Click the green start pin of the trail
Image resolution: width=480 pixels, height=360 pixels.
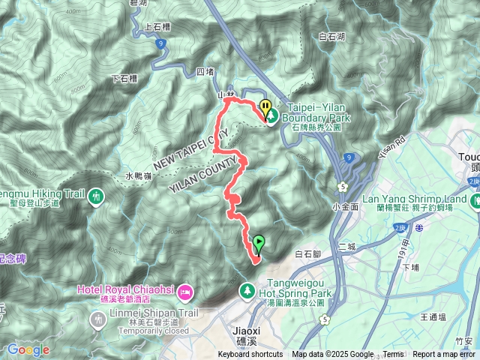[x=259, y=243]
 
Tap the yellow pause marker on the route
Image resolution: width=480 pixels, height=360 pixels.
[x=265, y=106]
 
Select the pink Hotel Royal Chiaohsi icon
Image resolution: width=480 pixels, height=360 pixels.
[x=187, y=291]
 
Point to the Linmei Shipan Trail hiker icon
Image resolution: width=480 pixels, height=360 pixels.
[x=97, y=319]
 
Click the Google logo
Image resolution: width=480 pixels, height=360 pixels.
[x=28, y=349]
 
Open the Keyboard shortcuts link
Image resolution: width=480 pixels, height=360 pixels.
[x=250, y=355]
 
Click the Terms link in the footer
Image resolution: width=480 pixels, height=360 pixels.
[x=393, y=355]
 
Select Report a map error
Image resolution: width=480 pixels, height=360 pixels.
[x=445, y=355]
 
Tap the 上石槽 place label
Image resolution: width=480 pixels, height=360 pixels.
[x=158, y=27]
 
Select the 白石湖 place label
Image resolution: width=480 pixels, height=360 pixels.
[x=331, y=36]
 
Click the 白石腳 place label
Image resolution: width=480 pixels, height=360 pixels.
[x=309, y=255]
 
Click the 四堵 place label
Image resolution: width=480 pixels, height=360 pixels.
[x=205, y=72]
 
